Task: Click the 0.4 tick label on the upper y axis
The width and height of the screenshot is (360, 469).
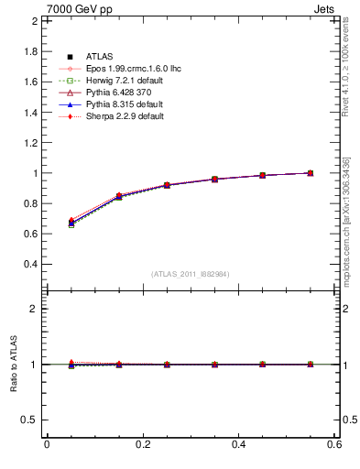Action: (29, 264)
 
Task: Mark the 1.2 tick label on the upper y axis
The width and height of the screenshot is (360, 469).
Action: (29, 142)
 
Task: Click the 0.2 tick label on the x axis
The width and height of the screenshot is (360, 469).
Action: (142, 445)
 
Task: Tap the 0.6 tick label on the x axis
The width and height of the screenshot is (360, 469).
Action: (334, 445)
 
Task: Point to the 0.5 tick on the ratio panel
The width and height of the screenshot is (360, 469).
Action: (29, 420)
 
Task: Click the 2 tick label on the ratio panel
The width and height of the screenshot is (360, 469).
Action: (33, 309)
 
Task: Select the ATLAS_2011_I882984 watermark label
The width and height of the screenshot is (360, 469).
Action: (191, 273)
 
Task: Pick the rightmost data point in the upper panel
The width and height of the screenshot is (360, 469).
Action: (310, 172)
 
